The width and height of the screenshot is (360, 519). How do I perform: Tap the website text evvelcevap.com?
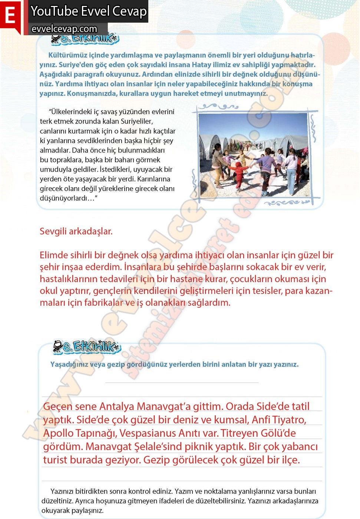click(x=64, y=29)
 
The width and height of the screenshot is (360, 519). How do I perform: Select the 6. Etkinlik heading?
click(x=87, y=347)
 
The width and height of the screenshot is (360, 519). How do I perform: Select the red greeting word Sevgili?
click(x=53, y=231)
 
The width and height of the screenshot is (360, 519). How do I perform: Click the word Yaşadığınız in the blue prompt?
click(x=69, y=364)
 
